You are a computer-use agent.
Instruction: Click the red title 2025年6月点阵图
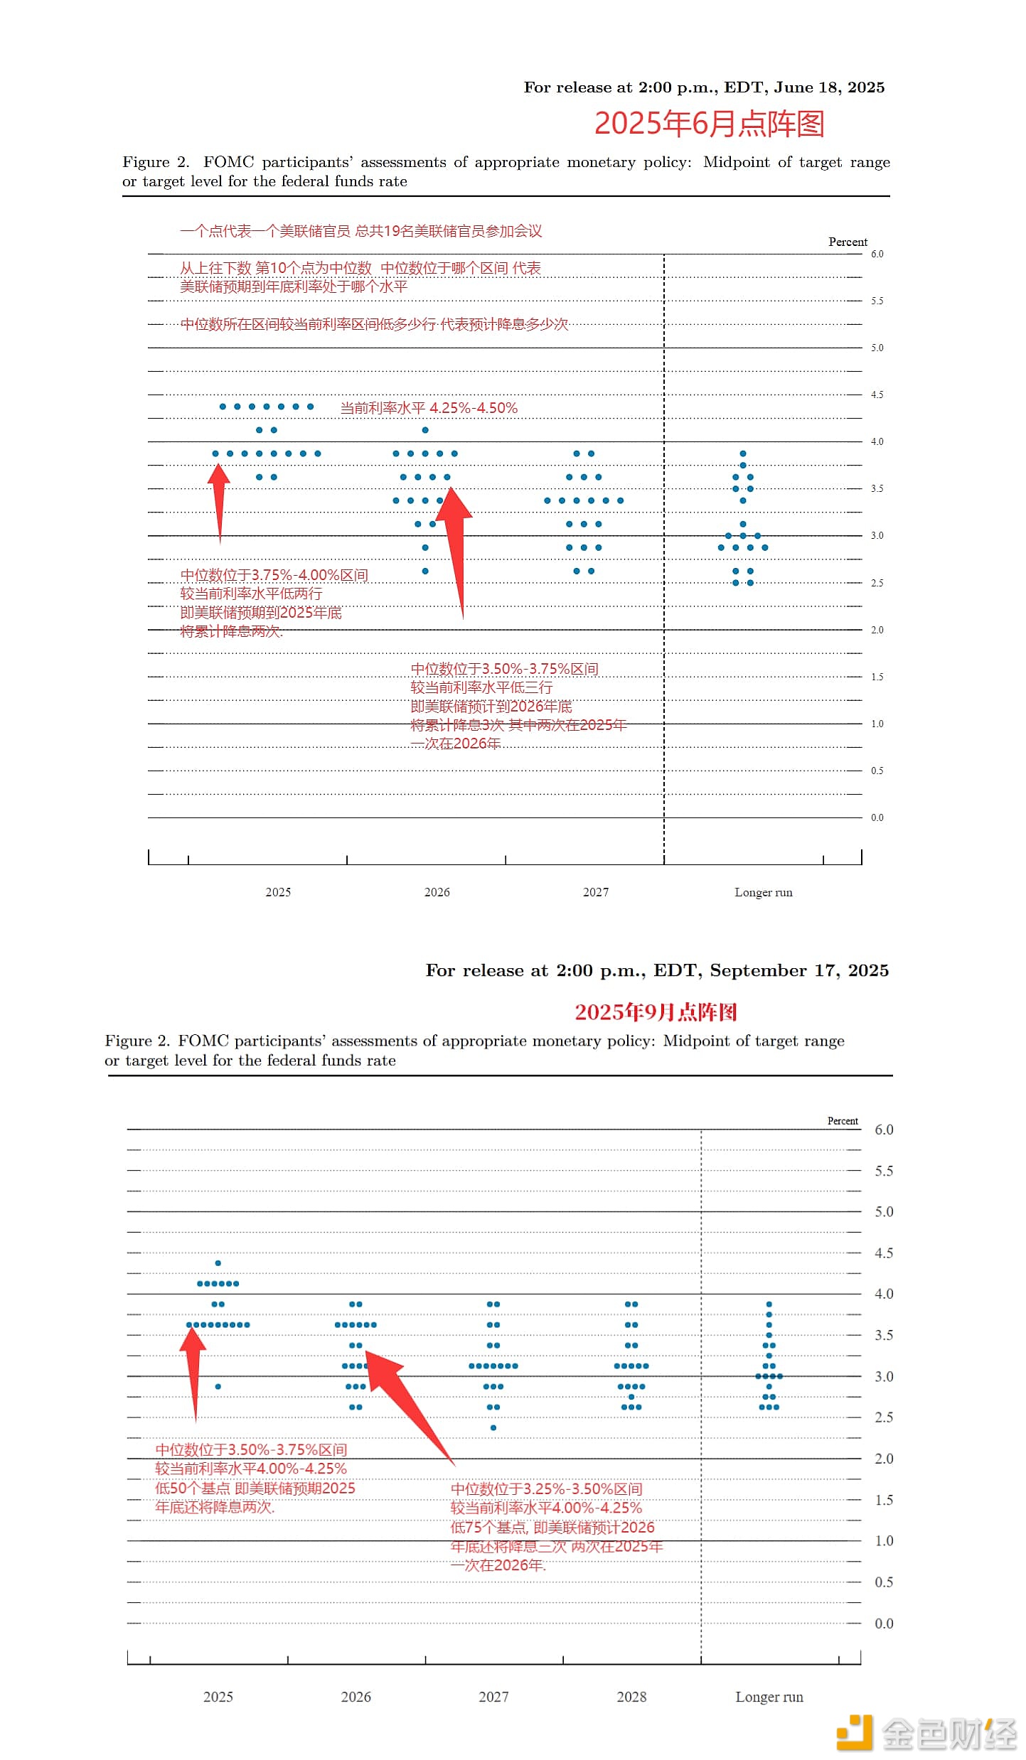point(709,124)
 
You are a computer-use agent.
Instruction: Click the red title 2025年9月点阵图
point(656,1012)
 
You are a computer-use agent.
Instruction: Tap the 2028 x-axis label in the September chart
point(631,1697)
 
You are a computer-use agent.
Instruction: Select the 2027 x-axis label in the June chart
point(596,892)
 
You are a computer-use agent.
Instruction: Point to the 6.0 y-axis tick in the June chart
point(877,254)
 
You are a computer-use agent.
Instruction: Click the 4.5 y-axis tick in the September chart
point(884,1252)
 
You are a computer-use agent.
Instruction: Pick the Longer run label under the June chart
point(763,892)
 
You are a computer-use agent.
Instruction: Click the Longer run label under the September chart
point(769,1697)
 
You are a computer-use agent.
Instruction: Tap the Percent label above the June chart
point(848,242)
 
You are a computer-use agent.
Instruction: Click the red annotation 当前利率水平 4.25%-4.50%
point(429,408)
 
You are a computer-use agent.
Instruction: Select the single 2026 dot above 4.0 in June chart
point(425,430)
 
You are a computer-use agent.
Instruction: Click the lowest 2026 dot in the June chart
point(425,571)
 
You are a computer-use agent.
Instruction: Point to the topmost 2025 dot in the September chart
point(218,1263)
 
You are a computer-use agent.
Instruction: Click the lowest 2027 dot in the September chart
point(493,1427)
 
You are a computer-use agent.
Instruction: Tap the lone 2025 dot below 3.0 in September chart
point(218,1386)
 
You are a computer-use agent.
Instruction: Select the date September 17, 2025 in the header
point(799,970)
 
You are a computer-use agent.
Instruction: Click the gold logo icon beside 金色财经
point(854,1732)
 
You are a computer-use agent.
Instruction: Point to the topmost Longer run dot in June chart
point(743,454)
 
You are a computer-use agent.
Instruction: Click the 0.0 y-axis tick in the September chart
point(884,1623)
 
